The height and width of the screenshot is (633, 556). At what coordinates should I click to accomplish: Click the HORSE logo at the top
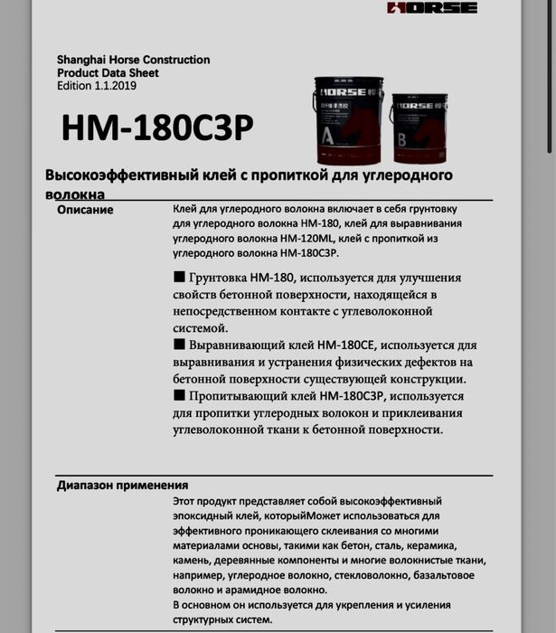(x=432, y=8)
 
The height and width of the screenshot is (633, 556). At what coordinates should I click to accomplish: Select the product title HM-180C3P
(x=157, y=129)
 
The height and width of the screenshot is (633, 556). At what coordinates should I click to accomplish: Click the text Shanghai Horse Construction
(x=133, y=60)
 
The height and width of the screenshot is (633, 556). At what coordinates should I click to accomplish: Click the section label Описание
(x=85, y=210)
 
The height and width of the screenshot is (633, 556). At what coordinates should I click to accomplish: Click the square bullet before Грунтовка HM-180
(x=177, y=277)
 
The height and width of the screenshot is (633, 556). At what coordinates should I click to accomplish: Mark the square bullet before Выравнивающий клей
(x=177, y=345)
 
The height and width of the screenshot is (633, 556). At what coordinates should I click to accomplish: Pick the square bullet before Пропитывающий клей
(x=177, y=396)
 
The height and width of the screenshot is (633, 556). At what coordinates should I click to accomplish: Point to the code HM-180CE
(x=350, y=345)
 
